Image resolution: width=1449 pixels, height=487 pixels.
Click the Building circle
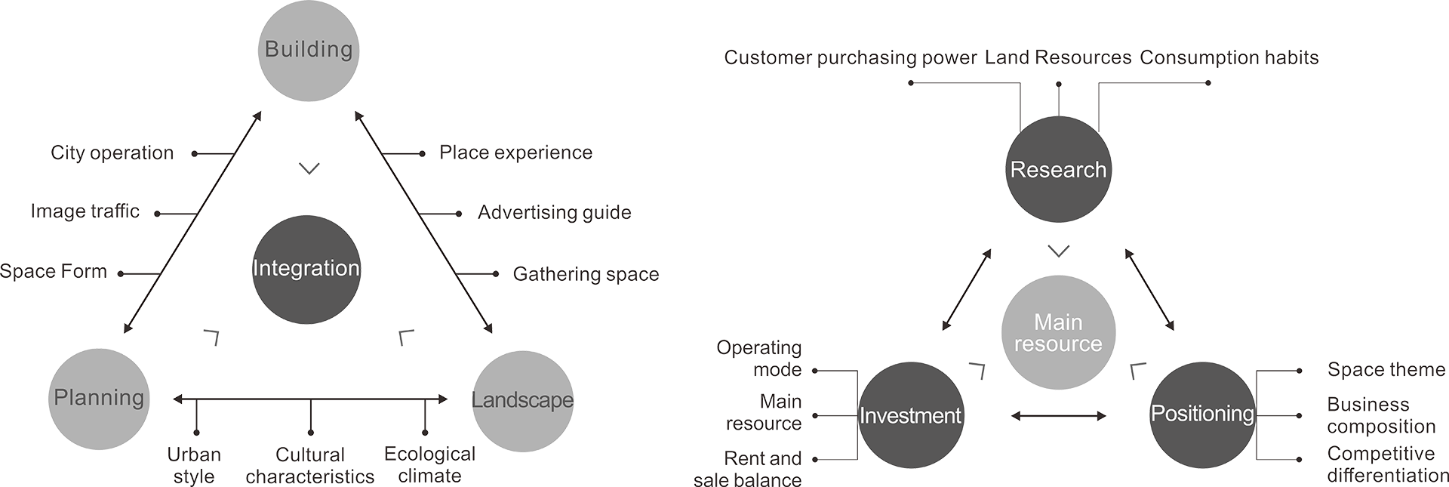point(308,51)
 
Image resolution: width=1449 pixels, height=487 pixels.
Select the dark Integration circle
point(306,270)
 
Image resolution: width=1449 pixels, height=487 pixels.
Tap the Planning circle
point(99,399)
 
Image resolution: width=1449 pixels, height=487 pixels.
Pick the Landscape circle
point(522,400)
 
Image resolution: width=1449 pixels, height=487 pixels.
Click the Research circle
point(1058,170)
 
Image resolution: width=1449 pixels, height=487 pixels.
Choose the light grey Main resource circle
point(1058,333)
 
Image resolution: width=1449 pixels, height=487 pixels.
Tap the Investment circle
point(911,415)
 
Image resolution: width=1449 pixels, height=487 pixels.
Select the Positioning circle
point(1202,414)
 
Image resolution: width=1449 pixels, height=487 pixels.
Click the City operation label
point(112,153)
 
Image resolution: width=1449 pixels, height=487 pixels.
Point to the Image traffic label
point(85,211)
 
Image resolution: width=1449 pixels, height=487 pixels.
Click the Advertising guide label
point(555,213)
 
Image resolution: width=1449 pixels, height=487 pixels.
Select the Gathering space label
point(586,274)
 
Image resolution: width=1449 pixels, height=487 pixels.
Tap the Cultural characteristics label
point(310,466)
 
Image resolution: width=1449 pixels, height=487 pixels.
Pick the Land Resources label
point(1058,58)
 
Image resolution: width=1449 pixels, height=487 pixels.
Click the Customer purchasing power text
point(850,58)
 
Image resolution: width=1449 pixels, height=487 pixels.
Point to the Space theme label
point(1386,370)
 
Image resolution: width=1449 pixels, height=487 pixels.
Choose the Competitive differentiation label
point(1387,464)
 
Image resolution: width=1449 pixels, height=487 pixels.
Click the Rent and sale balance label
point(748,469)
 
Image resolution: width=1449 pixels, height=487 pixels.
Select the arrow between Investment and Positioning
point(1058,415)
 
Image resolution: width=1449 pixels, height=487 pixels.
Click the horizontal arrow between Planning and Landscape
point(310,399)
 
